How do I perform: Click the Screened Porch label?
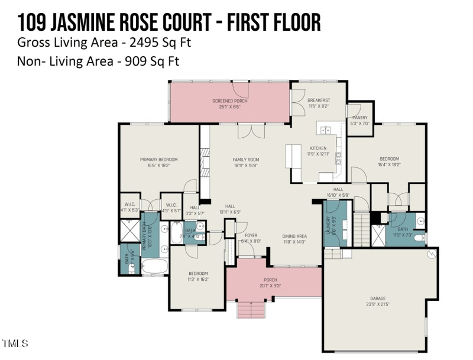point(230,104)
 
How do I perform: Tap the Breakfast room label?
point(319,103)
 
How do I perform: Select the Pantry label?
point(359,121)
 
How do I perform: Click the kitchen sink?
point(325,129)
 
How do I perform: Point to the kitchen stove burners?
point(339,157)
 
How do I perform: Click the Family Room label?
point(245,163)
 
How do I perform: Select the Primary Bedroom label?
point(158,163)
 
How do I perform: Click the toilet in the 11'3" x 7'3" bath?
point(419,238)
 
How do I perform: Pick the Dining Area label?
point(293,238)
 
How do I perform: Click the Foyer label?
point(251,238)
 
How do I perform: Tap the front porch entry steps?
point(248,309)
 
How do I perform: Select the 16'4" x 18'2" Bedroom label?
point(389,162)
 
